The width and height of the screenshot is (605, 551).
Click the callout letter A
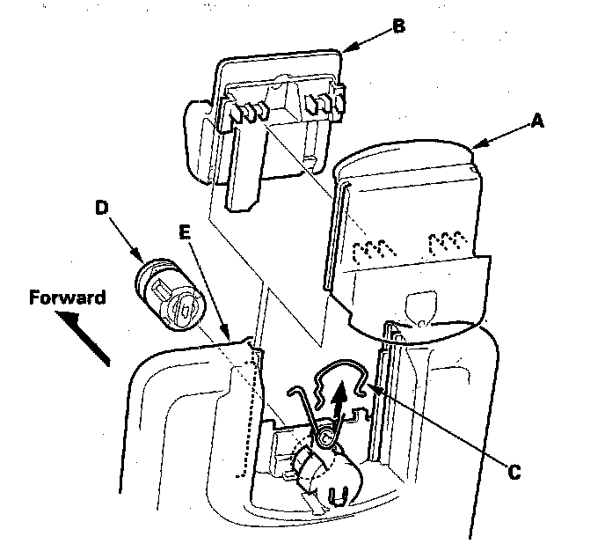536,123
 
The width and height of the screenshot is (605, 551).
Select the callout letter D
102,209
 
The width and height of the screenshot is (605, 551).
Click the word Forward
67,298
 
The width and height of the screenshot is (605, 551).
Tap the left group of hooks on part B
247,112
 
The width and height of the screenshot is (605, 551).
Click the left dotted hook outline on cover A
368,249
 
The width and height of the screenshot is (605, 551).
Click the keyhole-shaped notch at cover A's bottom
423,304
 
